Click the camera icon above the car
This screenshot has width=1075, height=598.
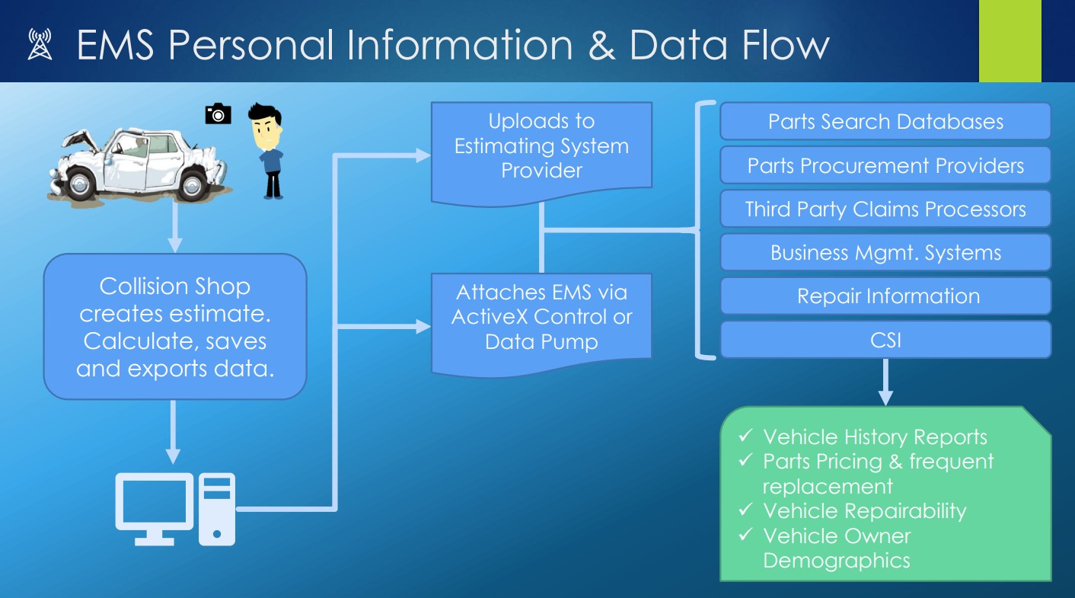[x=218, y=114]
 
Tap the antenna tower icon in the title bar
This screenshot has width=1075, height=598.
[x=40, y=44]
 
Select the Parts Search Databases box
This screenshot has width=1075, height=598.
[x=885, y=121]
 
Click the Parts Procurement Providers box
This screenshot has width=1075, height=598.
[x=885, y=165]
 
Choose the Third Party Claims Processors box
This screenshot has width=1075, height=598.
[x=885, y=209]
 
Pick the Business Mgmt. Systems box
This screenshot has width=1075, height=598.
[x=885, y=253]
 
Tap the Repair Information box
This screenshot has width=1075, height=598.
[x=885, y=296]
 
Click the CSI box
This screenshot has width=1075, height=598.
[x=885, y=340]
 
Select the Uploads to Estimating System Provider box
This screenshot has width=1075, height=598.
[x=541, y=149]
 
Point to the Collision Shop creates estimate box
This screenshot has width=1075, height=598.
[x=175, y=327]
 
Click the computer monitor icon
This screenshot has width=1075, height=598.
[x=155, y=509]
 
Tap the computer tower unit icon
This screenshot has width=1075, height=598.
[x=217, y=509]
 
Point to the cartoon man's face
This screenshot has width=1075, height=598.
[x=266, y=133]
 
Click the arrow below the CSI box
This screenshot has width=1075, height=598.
[x=885, y=382]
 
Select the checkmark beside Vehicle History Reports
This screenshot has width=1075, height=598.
[x=745, y=436]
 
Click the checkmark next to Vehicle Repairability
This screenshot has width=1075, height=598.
[x=745, y=509]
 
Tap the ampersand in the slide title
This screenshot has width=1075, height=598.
[x=601, y=45]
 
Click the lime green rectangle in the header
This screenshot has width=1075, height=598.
[x=1010, y=41]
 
